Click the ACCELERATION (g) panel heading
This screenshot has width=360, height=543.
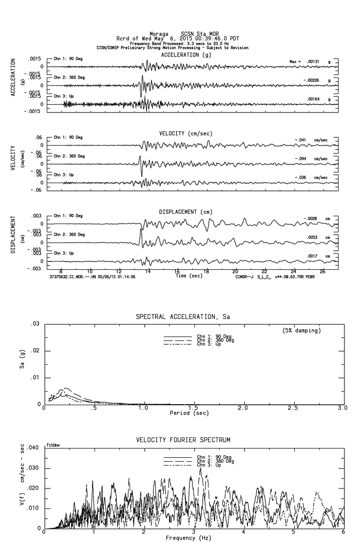187,55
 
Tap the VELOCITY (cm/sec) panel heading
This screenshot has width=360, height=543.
186,133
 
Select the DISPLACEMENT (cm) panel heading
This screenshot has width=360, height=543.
185,212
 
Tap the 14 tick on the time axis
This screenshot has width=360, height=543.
148,271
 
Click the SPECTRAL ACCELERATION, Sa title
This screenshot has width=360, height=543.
183,317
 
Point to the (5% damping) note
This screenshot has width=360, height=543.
302,331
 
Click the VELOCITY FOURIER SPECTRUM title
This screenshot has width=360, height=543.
183,440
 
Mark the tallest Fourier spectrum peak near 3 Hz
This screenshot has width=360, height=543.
200,468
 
